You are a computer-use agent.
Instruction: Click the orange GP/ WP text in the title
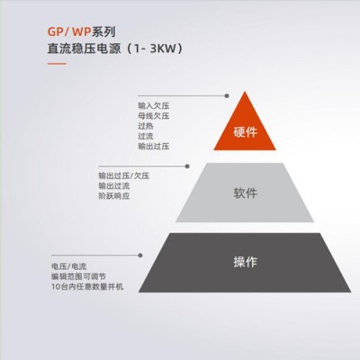[x=69, y=31]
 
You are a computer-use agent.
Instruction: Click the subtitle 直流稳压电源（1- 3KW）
[x=115, y=49]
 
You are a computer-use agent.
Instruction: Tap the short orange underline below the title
[x=57, y=64]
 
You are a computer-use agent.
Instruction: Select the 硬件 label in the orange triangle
[x=246, y=132]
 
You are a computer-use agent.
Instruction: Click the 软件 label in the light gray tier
[x=246, y=193]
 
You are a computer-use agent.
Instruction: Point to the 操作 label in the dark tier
[x=246, y=262]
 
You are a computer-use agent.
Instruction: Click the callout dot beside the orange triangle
[x=227, y=96]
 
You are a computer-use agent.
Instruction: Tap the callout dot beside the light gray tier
[x=187, y=166]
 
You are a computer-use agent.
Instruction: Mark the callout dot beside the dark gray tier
[x=140, y=256]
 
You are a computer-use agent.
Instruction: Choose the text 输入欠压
[x=154, y=106]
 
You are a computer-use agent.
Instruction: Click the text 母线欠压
[x=154, y=116]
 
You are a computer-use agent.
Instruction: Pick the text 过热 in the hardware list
[x=146, y=126]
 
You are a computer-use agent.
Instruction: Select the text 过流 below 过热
[x=146, y=136]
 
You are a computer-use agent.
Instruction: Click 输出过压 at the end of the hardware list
[x=154, y=146]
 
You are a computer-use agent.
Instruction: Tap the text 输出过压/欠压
[x=124, y=175]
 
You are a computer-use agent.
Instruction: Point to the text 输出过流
[x=114, y=186]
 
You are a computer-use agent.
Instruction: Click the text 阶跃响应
[x=114, y=196]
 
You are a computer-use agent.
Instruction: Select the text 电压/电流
[x=69, y=266]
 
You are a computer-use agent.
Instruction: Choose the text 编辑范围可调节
[x=78, y=276]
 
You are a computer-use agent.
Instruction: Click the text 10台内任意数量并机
[x=87, y=287]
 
